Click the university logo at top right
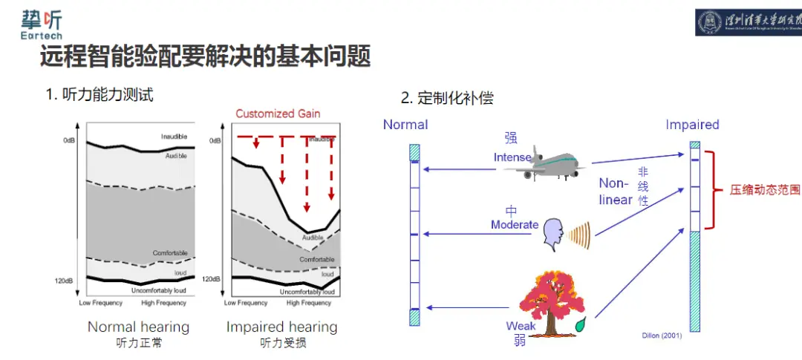pyautogui.click(x=748, y=22)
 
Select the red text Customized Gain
pyautogui.click(x=278, y=114)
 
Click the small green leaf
pyautogui.click(x=579, y=324)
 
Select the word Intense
pyautogui.click(x=512, y=157)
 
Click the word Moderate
pyautogui.click(x=515, y=224)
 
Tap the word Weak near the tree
pyautogui.click(x=521, y=326)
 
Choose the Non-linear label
pyautogui.click(x=616, y=191)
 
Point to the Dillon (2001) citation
pyautogui.click(x=662, y=336)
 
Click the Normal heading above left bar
pyautogui.click(x=405, y=125)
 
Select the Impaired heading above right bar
pyautogui.click(x=692, y=125)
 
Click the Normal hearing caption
pyautogui.click(x=138, y=327)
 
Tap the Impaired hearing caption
pyautogui.click(x=281, y=327)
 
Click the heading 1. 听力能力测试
pyautogui.click(x=100, y=95)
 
